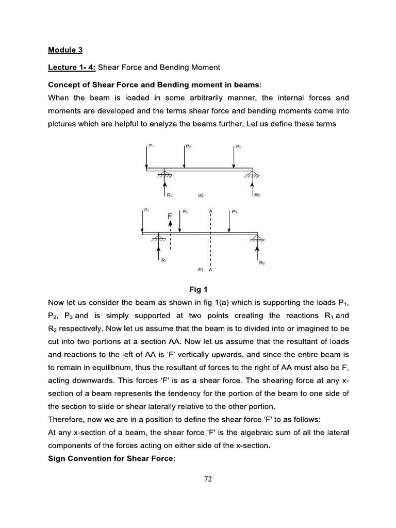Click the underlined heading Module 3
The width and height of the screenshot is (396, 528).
click(65, 50)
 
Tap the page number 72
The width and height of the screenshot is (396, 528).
click(208, 478)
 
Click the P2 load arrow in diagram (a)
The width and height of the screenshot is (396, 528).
click(184, 156)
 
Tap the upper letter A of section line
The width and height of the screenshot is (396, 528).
click(210, 211)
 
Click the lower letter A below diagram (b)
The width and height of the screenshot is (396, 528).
click(211, 270)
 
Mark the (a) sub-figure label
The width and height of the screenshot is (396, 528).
click(200, 195)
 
